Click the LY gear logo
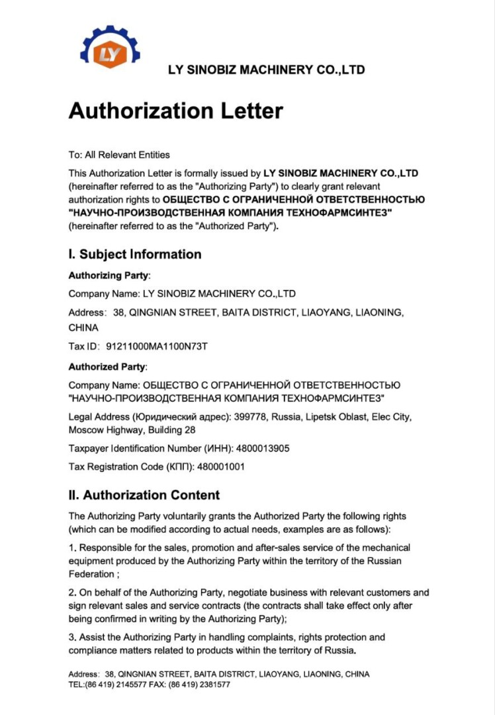[110, 52]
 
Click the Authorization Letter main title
[175, 111]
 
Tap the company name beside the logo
[266, 70]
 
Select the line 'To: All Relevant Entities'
[119, 155]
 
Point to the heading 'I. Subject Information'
[135, 254]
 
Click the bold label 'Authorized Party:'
[108, 367]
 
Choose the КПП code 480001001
[220, 467]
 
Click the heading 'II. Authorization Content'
[144, 495]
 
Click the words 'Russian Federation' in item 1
[370, 561]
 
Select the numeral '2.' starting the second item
[73, 593]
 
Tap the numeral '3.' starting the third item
[73, 638]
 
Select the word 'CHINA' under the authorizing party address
[83, 328]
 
